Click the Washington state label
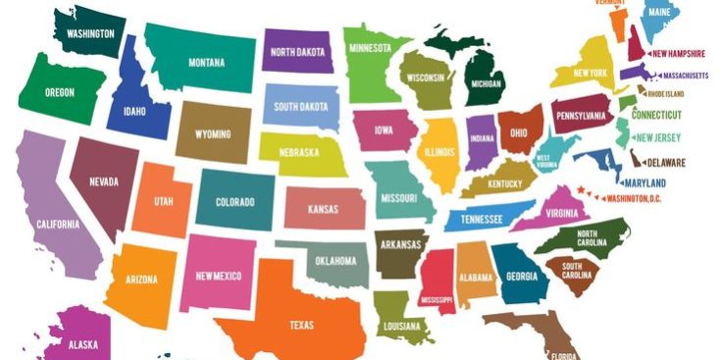click(90, 33)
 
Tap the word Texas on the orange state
click(301, 325)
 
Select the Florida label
click(563, 355)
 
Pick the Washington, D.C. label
click(635, 198)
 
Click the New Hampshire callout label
click(678, 54)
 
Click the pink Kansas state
click(323, 209)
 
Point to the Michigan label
click(487, 84)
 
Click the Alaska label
click(83, 344)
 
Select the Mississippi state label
click(437, 298)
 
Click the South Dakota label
click(301, 107)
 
